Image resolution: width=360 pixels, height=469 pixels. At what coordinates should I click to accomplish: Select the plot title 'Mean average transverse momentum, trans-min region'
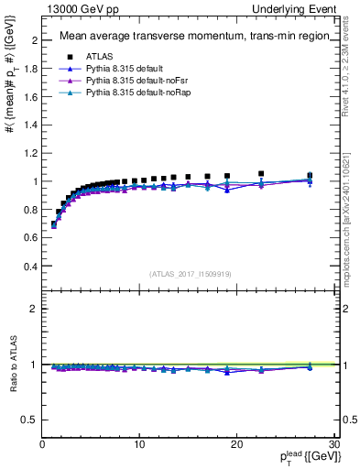click(189, 37)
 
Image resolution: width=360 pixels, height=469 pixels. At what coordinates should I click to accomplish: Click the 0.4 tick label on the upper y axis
click(32, 267)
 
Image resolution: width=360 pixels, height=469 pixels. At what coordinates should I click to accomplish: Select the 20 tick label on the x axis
click(235, 443)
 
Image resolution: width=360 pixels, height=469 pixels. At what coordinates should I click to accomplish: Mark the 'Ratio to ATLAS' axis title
click(12, 364)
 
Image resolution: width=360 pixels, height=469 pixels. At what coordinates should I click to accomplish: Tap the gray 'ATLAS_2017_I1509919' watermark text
click(189, 273)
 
